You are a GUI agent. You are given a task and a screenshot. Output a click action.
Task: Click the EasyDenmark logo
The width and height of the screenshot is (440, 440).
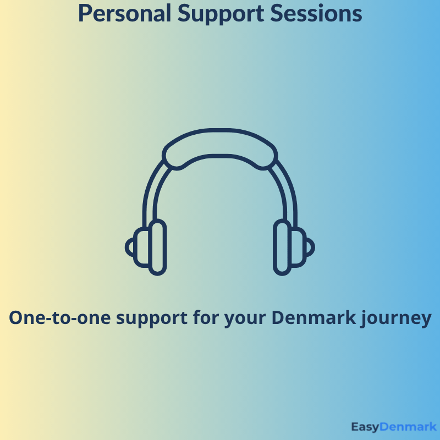(393, 427)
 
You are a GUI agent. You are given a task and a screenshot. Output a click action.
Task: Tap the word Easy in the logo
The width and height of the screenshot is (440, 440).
(367, 427)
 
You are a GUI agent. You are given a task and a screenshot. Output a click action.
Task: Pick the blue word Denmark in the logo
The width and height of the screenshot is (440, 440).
(409, 427)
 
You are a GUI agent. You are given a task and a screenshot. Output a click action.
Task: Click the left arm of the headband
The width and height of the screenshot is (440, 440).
(150, 193)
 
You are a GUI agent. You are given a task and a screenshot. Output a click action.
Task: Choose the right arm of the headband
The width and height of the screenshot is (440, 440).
(290, 193)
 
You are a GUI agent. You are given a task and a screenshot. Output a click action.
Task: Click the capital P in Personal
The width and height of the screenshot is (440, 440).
(84, 13)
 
